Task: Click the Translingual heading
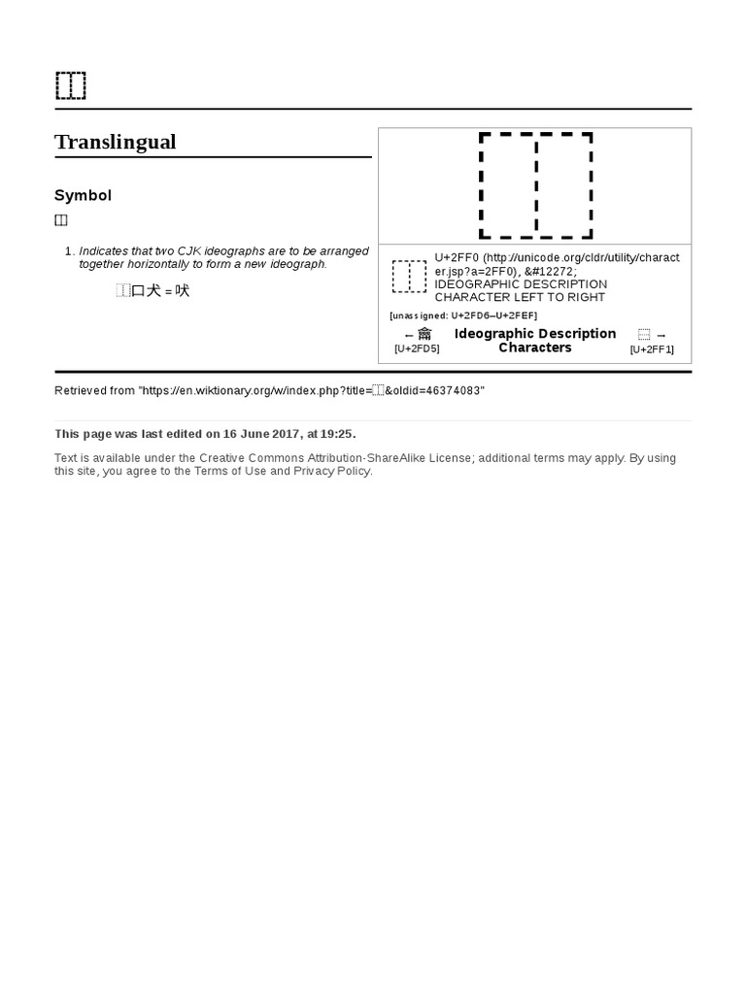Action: coord(115,142)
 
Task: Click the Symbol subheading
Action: coord(83,195)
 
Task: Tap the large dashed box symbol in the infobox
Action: coord(535,185)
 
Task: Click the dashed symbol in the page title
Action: coord(71,85)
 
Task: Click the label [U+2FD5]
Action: coord(417,348)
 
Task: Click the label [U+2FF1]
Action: coord(652,349)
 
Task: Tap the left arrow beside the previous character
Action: coord(409,335)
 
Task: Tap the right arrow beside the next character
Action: coord(661,335)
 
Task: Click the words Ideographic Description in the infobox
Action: coord(535,333)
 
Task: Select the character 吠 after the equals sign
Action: coord(183,290)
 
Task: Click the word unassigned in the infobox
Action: coord(419,315)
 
